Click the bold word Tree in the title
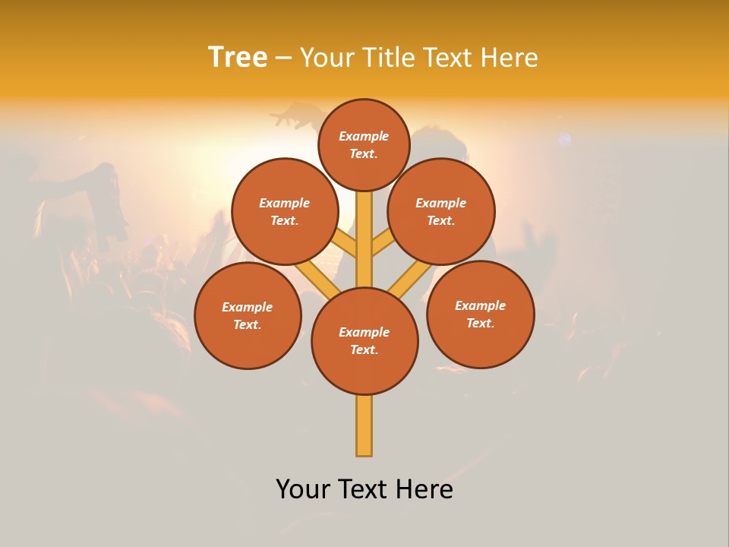point(238,58)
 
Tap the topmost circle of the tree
point(364,144)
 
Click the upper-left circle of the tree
point(284,211)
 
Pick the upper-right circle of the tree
point(440,211)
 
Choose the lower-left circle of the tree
point(248,315)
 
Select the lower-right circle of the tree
point(480,314)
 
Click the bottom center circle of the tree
point(364,340)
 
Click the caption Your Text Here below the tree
point(364,489)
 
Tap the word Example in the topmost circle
point(364,136)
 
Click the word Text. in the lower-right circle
point(480,323)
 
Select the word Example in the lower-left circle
point(247,307)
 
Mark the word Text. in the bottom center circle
point(364,349)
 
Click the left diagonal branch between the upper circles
point(346,244)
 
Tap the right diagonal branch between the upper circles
point(382,244)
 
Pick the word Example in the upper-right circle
point(440,203)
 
